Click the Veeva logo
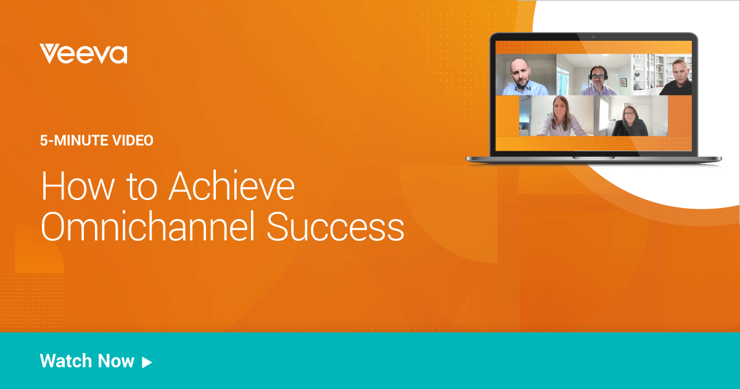coord(83,54)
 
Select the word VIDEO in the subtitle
coord(133,141)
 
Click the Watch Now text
coord(87,361)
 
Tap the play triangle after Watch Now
coord(147,362)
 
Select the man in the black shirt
coord(677,77)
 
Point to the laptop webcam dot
coord(593,37)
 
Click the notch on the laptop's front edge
coord(593,157)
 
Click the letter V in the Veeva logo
coord(49,54)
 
